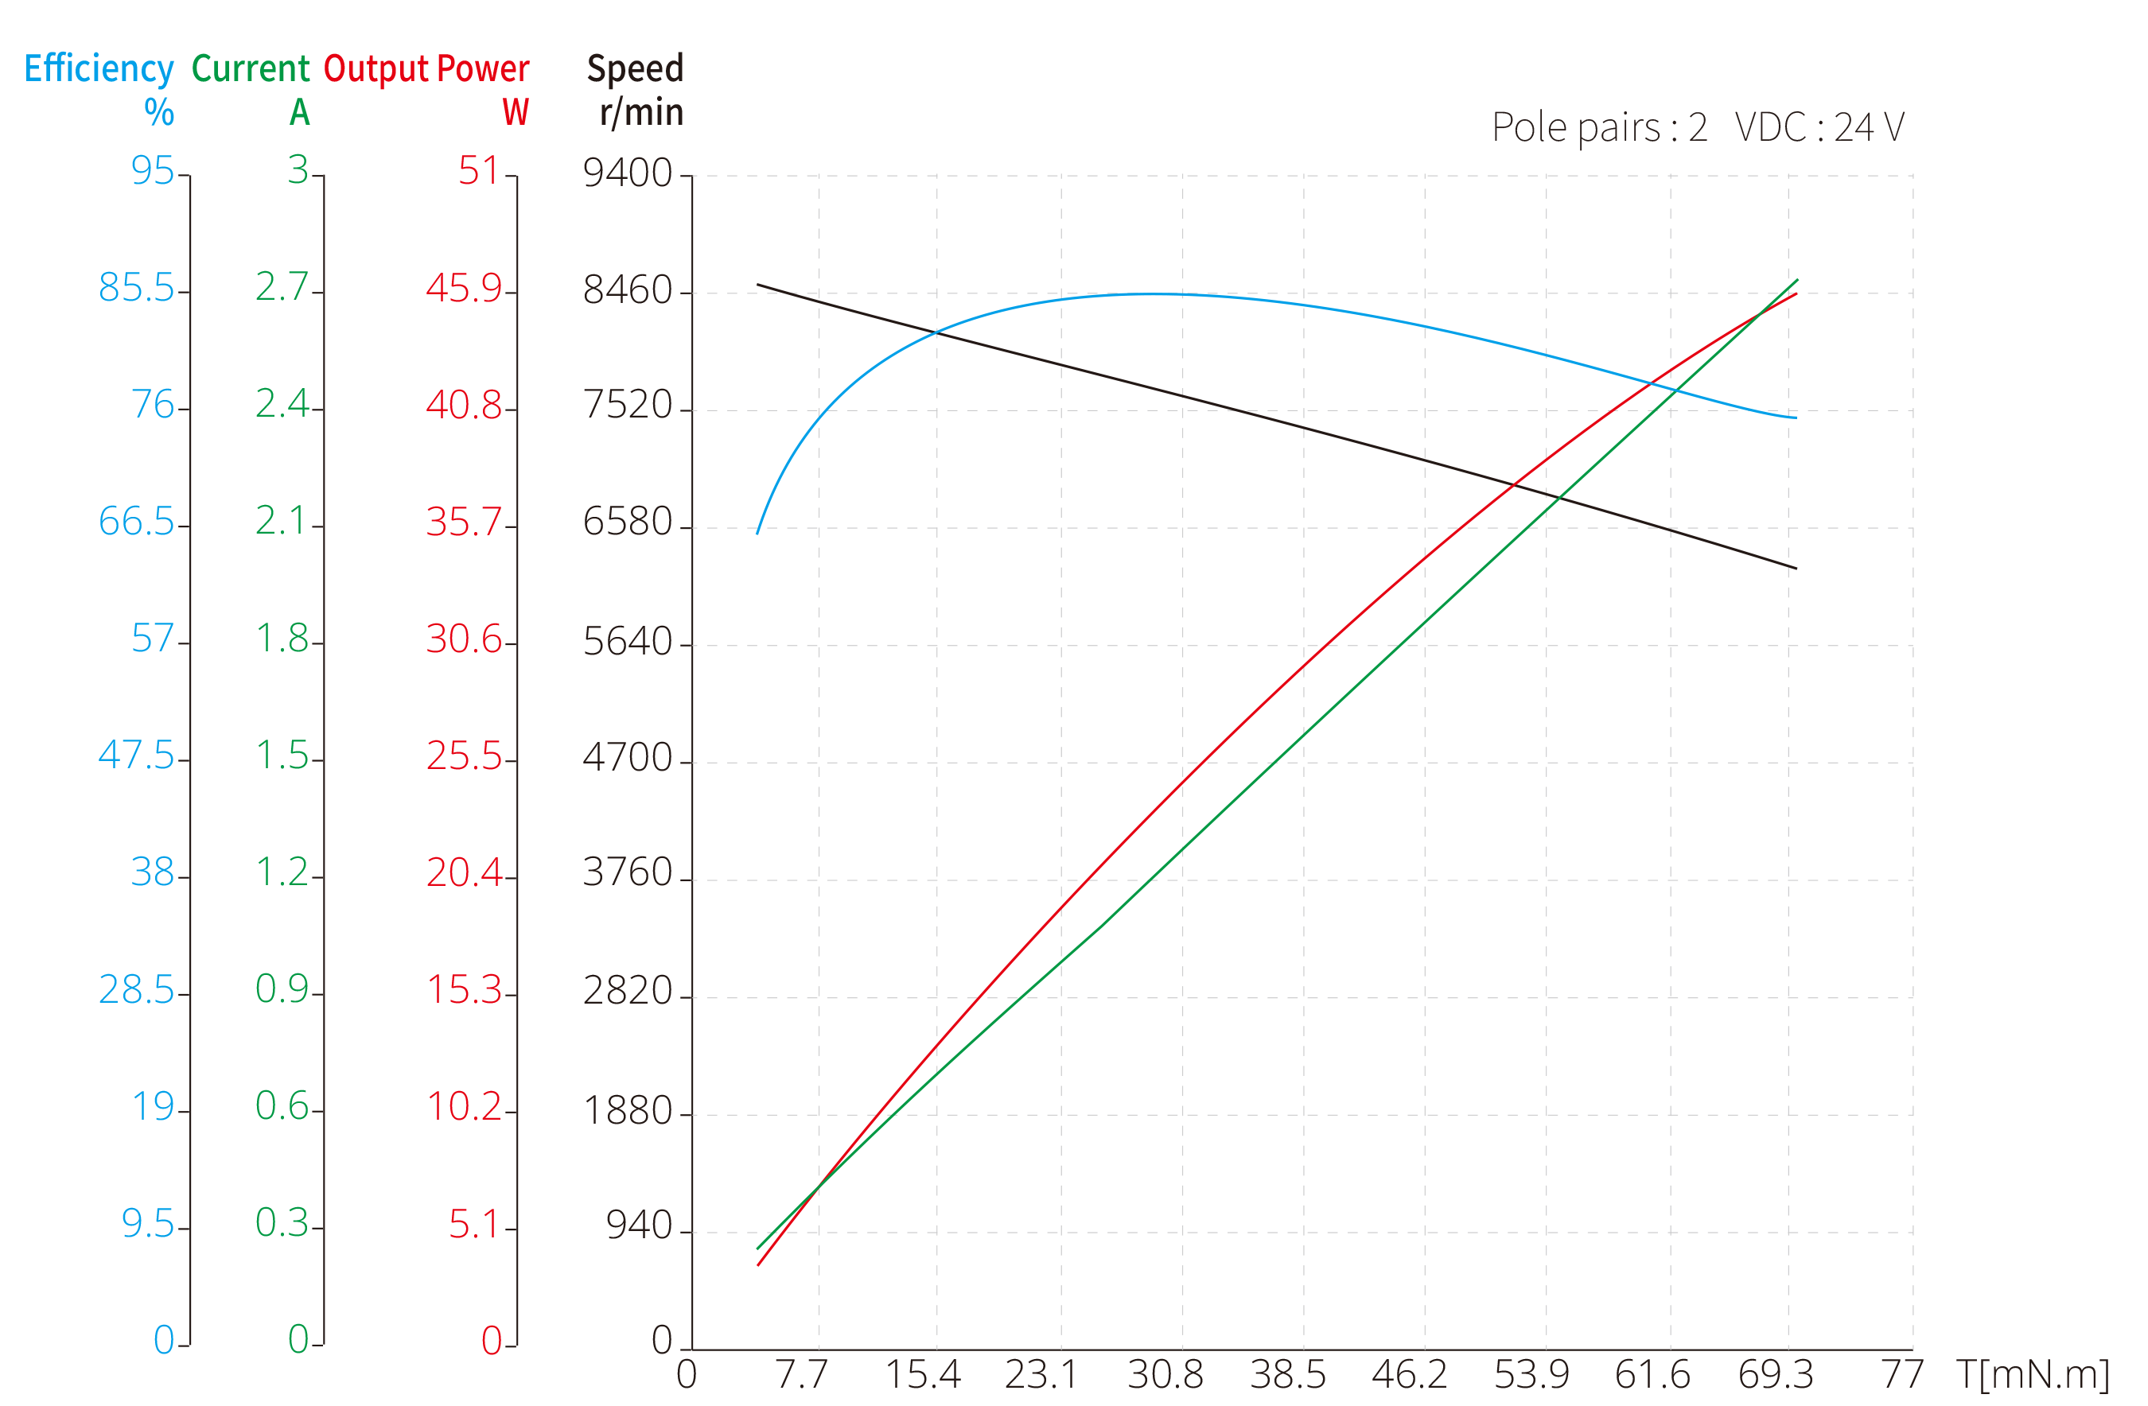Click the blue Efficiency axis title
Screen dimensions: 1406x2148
click(x=99, y=69)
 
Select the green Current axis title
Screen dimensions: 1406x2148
click(x=251, y=69)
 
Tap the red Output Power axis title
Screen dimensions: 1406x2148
click(x=426, y=69)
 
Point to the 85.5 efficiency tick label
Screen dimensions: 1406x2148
click(x=136, y=289)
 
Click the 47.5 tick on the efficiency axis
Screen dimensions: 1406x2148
click(x=136, y=755)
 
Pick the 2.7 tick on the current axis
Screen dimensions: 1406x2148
click(x=282, y=287)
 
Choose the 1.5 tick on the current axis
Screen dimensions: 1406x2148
click(x=282, y=755)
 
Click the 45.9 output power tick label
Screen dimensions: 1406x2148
click(x=464, y=289)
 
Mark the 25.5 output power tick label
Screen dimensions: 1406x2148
click(x=464, y=756)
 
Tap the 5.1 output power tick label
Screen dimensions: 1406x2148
click(x=474, y=1225)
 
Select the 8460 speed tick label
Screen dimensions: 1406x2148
click(x=628, y=290)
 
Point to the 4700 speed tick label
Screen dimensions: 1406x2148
click(x=628, y=758)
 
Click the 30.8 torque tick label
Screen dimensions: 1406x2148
click(x=1165, y=1374)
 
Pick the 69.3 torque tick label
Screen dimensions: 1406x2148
click(x=1775, y=1374)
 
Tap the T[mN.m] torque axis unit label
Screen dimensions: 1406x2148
click(x=2031, y=1374)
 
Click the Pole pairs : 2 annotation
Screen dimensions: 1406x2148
click(x=1599, y=128)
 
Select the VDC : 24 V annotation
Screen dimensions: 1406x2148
click(x=1819, y=128)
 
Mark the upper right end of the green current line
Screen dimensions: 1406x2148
click(x=1798, y=280)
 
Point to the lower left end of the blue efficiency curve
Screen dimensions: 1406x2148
click(x=758, y=534)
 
